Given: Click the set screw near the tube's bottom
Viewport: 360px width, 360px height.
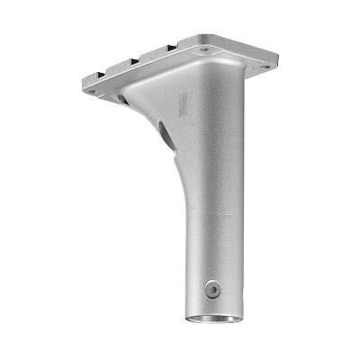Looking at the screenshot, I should pos(212,289).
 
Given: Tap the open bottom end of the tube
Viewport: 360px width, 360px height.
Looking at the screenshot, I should pos(214,318).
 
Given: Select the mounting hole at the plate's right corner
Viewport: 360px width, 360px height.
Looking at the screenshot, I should pos(263,67).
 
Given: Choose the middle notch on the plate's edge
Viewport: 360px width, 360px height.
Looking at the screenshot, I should pos(133,61).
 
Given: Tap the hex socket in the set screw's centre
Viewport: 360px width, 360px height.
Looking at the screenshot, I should pos(212,289).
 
